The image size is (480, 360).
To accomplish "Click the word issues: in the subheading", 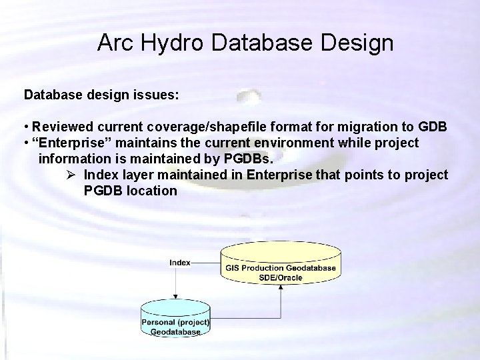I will (x=156, y=95).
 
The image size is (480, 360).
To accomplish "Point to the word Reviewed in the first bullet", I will (x=63, y=127).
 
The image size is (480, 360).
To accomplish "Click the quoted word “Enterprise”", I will (x=71, y=143).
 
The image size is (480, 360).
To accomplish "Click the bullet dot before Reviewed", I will (x=27, y=127).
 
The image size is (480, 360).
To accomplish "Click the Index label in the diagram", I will (x=180, y=263).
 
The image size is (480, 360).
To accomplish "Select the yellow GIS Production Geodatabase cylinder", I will (x=280, y=264).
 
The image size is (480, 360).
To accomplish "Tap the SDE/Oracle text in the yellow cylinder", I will (x=281, y=277).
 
